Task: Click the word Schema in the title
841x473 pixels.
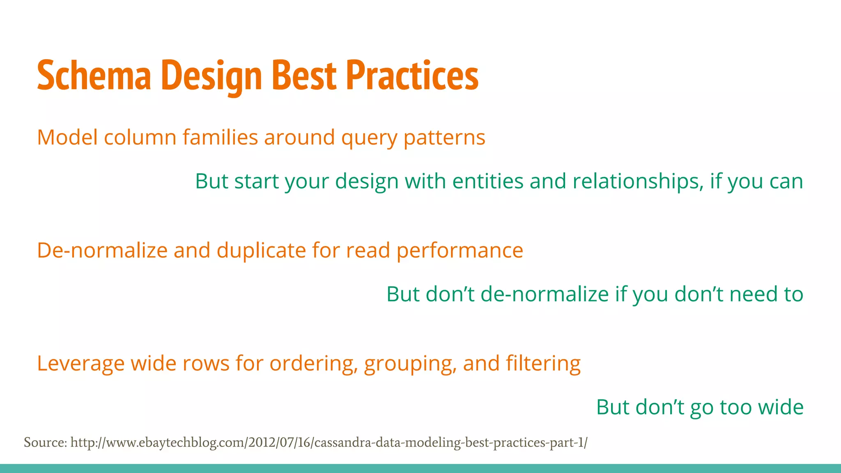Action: (94, 76)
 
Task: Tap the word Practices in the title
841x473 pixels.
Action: (412, 76)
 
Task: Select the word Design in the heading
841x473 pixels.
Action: (212, 76)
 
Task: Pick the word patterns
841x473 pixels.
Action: (444, 138)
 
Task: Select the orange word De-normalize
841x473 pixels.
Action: (102, 250)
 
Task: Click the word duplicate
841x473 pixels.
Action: (261, 251)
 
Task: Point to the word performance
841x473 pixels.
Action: (460, 251)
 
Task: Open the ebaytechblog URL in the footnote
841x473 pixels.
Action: (329, 443)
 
